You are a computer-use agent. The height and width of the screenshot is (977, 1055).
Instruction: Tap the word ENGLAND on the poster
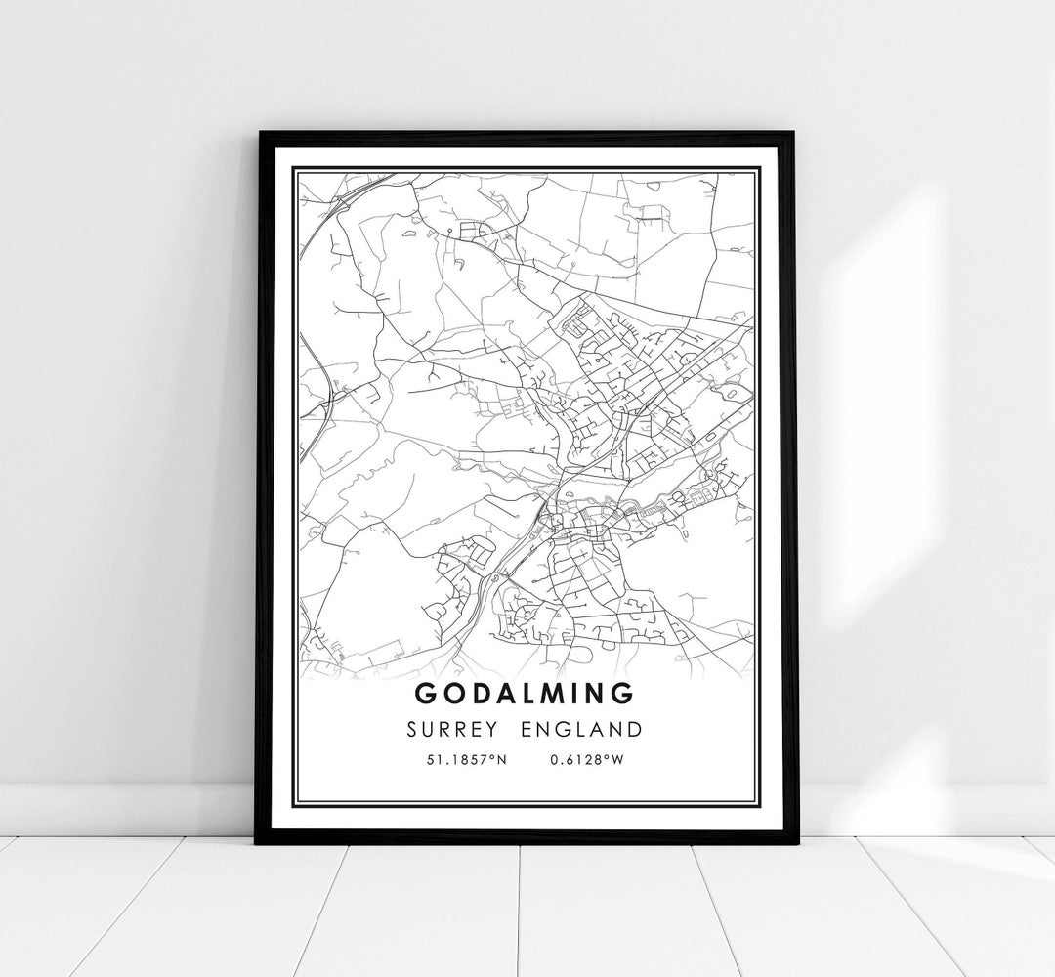click(582, 729)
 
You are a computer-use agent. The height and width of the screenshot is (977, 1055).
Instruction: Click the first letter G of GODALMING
click(426, 694)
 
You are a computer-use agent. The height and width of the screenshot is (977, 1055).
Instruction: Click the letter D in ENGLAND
click(636, 729)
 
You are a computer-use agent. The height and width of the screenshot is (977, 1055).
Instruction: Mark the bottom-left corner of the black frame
click(256, 842)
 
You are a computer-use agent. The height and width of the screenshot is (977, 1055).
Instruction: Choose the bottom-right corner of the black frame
click(798, 842)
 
